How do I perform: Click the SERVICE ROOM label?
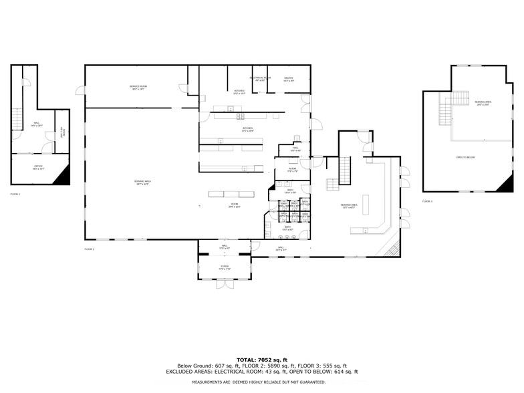point(138,88)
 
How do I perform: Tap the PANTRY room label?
point(289,80)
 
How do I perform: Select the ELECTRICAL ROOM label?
point(260,79)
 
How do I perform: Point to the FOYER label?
point(225,267)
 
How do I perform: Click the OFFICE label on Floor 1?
point(38,168)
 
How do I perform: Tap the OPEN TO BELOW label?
point(465,158)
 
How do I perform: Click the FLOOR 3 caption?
point(427,201)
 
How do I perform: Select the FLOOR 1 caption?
point(15,194)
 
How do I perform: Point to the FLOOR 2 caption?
point(90,249)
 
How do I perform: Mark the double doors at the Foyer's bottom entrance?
point(225,284)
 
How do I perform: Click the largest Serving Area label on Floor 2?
point(140,182)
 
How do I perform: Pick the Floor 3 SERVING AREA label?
point(482,103)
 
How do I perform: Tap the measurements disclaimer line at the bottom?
point(259,382)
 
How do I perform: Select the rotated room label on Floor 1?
point(61,132)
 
